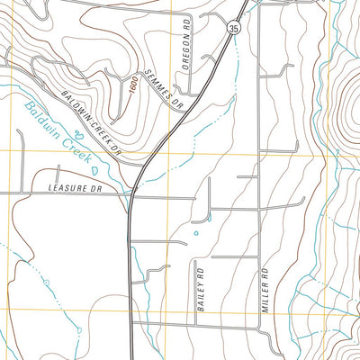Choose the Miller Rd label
(265, 284)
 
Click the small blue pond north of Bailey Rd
(195, 234)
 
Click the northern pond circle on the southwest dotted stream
(44, 283)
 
